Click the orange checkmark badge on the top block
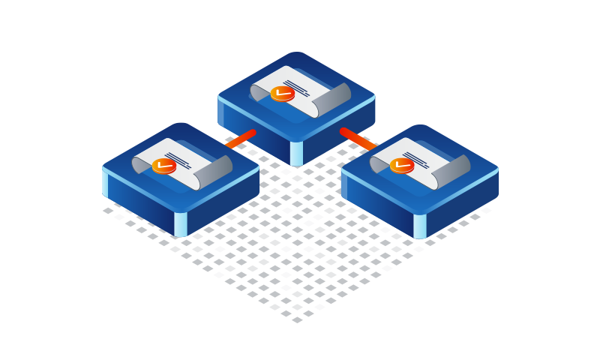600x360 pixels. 282,93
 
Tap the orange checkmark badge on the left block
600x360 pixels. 163,166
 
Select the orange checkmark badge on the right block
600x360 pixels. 401,165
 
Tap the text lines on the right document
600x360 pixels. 416,158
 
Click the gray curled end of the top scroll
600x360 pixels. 334,98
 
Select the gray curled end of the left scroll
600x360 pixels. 217,171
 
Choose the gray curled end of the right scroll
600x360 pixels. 452,171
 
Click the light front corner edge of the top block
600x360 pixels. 296,153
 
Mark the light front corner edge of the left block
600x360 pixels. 180,223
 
